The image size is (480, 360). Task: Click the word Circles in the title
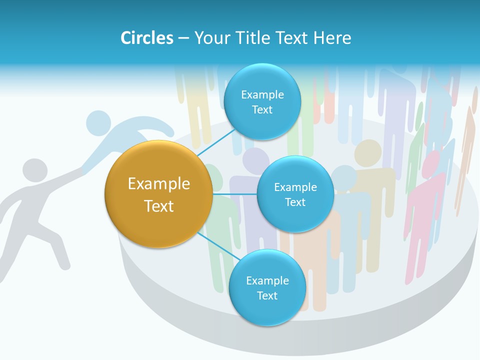146,38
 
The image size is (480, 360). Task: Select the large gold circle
159,194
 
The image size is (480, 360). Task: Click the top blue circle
262,102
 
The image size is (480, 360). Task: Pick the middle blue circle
295,194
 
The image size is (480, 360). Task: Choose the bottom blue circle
267,287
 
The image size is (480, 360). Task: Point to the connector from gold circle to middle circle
234,193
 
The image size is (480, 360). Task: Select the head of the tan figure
368,151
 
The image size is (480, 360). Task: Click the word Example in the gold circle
159,184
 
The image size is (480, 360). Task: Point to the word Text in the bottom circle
267,295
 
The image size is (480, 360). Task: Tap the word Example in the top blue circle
262,94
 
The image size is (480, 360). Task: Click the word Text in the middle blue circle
295,202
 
